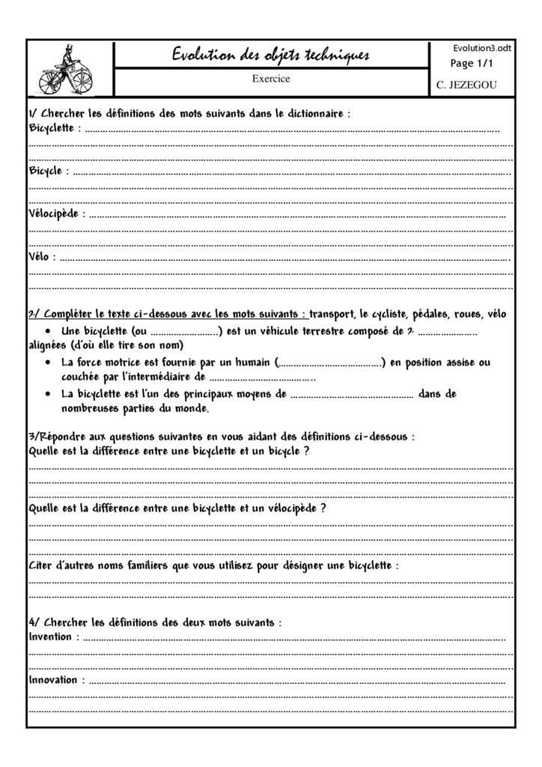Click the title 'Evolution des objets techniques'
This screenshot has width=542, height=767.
[x=270, y=55]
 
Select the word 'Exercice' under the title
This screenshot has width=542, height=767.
[x=270, y=78]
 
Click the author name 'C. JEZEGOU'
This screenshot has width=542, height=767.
[x=466, y=85]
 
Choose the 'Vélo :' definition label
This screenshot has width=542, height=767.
[x=42, y=257]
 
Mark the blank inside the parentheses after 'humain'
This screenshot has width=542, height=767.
[x=330, y=364]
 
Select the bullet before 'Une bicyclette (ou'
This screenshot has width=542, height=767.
[x=49, y=331]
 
